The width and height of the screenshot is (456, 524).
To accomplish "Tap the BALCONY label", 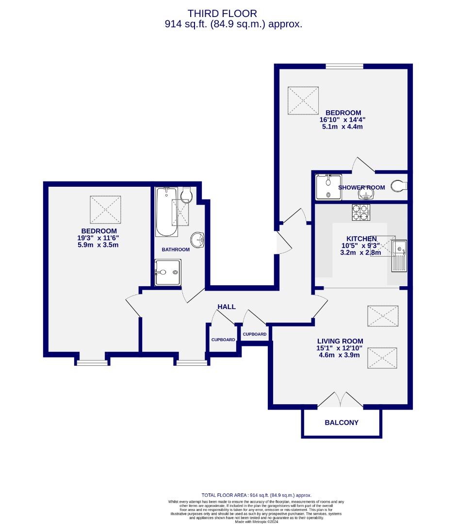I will pyautogui.click(x=342, y=423).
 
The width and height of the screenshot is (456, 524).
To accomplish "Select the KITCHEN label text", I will pyautogui.click(x=361, y=239).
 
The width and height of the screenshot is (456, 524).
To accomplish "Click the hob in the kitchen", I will pyautogui.click(x=360, y=212).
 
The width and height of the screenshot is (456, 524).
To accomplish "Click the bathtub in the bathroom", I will pyautogui.click(x=166, y=212).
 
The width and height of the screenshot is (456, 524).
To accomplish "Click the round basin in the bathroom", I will pyautogui.click(x=197, y=239).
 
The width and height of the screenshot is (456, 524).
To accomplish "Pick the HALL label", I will pyautogui.click(x=227, y=307).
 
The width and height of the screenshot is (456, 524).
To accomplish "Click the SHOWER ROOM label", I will pyautogui.click(x=361, y=188).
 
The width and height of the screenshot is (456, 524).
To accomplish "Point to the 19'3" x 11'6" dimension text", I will pyautogui.click(x=100, y=238).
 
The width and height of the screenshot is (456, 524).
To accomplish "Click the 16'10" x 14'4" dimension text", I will pyautogui.click(x=342, y=119).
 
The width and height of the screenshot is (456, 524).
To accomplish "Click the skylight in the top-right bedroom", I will pyautogui.click(x=303, y=100).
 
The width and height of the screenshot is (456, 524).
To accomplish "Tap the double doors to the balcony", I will pyautogui.click(x=342, y=399).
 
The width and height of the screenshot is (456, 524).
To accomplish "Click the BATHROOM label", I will pyautogui.click(x=176, y=249).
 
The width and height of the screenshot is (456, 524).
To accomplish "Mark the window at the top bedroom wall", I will pyautogui.click(x=344, y=66).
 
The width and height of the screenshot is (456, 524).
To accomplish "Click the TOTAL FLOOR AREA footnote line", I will pyautogui.click(x=256, y=495).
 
